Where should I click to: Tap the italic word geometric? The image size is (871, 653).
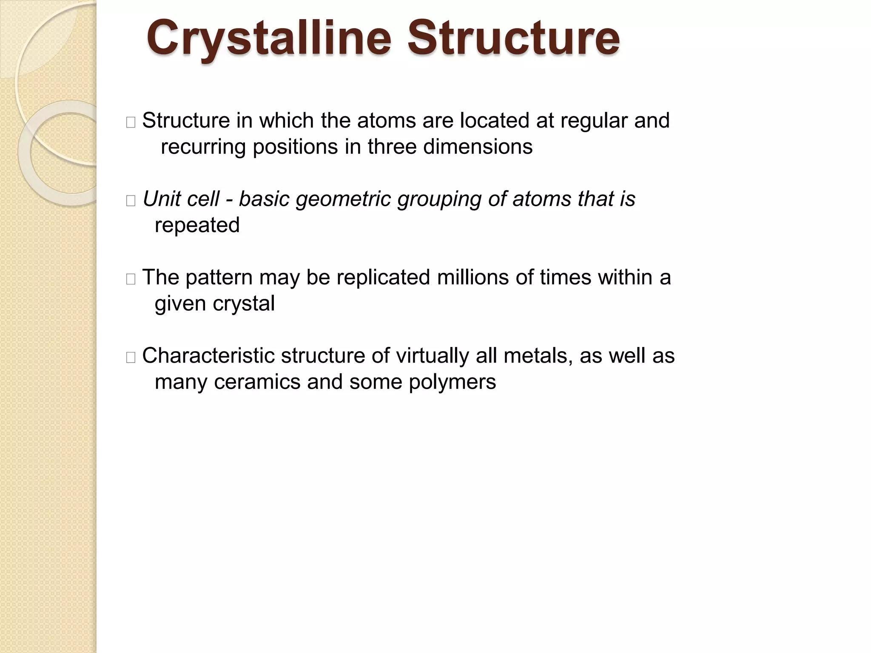(x=343, y=199)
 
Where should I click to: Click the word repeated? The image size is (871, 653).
(x=197, y=225)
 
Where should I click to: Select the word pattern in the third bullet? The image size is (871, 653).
(x=219, y=278)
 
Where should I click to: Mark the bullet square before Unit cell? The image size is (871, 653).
(x=131, y=201)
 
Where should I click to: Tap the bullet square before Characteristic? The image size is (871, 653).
(x=131, y=358)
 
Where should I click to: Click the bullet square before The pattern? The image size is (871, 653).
(x=131, y=279)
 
